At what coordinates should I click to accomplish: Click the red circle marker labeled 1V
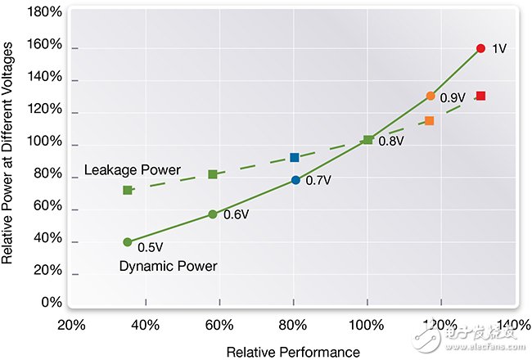480,48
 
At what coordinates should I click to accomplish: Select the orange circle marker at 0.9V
431,96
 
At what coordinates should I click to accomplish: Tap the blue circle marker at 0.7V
295,180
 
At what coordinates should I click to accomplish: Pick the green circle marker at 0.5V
128,241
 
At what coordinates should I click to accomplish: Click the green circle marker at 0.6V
213,214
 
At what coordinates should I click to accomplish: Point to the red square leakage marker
480,96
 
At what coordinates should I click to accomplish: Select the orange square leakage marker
429,121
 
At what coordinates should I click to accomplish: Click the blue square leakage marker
295,157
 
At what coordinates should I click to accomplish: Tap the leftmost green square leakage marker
128,190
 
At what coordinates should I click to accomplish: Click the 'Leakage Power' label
132,170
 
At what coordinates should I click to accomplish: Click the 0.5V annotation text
151,246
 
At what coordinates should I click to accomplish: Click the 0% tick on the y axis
52,303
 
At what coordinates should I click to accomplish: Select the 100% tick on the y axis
45,142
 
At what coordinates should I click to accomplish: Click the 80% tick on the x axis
293,325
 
